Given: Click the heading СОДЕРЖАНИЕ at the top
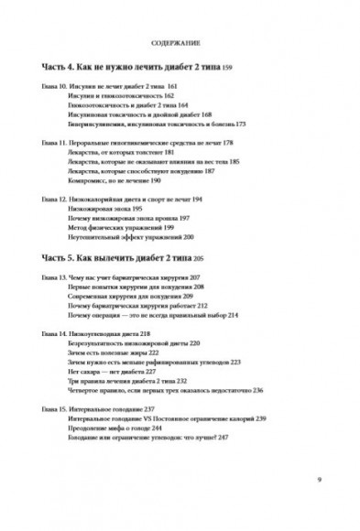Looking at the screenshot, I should tap(180, 43).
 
